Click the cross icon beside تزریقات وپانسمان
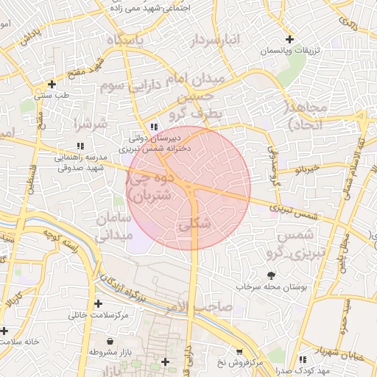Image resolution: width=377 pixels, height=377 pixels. point(289,39)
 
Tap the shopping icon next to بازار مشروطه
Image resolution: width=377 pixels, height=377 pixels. point(110,342)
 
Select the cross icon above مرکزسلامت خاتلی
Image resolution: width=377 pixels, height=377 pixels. point(98,303)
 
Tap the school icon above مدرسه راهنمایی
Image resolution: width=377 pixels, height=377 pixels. point(80,146)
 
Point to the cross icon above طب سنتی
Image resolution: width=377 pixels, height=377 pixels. point(51,84)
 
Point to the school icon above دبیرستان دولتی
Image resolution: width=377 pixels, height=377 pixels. point(153,126)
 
